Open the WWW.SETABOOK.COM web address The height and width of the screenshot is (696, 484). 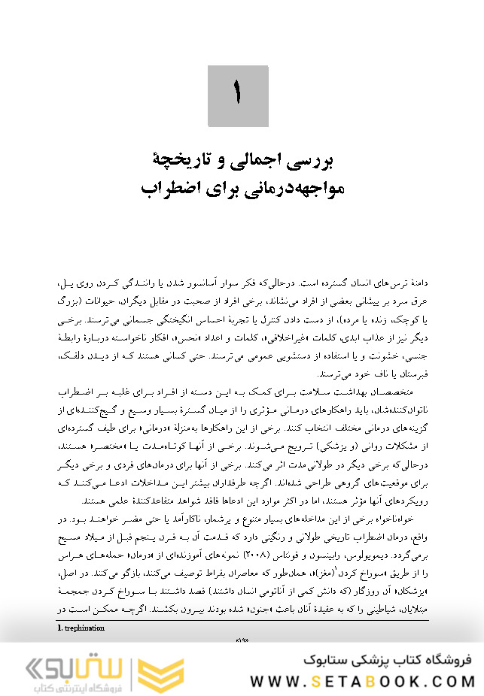(x=362, y=681)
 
